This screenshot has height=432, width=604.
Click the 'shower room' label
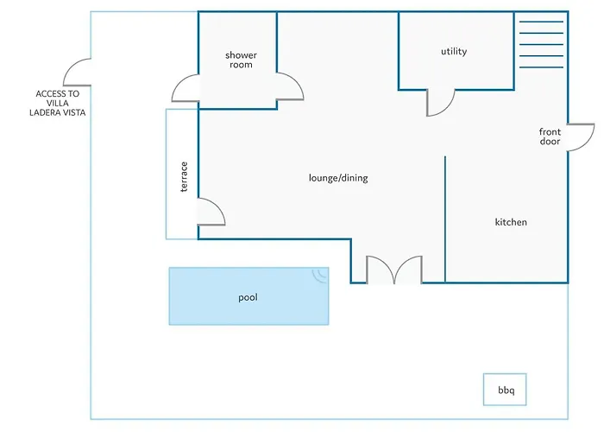pos(241,60)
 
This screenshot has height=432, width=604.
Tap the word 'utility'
pos(454,51)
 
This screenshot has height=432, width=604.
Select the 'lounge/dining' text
pos(338,178)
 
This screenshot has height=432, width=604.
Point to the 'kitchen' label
pos(511,222)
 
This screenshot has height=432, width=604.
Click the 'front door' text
pos(550,137)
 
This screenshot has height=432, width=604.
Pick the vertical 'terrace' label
pos(184,176)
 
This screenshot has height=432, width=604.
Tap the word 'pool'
pos(248,297)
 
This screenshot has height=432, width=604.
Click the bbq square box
pos(505,390)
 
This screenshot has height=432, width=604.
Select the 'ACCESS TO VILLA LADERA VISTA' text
pos(58,103)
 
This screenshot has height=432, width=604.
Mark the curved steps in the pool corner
pos(319,276)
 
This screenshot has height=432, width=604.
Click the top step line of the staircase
pos(541,22)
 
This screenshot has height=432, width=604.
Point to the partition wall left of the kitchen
pos(445,219)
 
